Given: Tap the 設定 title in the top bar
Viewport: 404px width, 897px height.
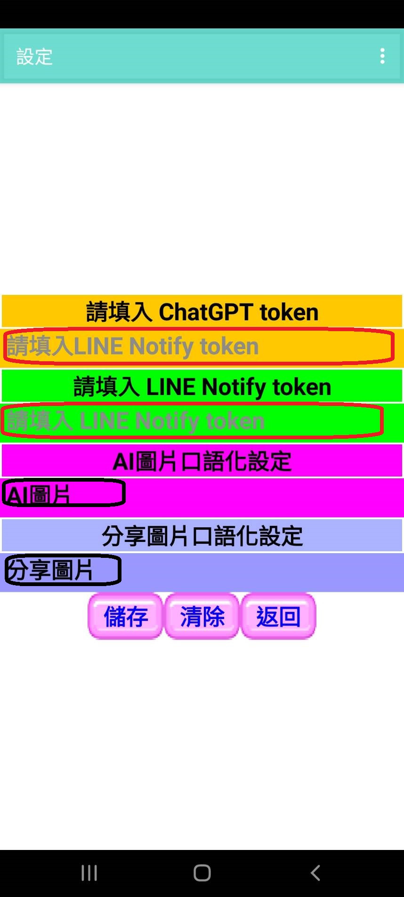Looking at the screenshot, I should point(34,56).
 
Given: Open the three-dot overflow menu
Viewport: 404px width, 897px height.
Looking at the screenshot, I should point(382,56).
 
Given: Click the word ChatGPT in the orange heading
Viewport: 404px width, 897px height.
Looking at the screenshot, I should point(206,312).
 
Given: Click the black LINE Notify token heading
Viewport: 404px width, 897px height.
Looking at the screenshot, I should point(202,387).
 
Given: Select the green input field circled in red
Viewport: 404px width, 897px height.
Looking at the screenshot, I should point(192,421).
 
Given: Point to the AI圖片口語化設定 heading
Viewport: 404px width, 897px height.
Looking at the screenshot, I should point(202,461).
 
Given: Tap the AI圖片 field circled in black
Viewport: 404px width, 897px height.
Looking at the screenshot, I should point(64,493).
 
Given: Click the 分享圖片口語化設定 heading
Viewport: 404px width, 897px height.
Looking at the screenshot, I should point(202,536).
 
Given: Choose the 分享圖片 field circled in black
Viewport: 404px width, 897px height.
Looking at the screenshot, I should point(63,570).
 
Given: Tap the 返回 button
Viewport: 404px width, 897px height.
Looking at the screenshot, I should point(278,616).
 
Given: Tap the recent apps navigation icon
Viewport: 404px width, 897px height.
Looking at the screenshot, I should point(89,873).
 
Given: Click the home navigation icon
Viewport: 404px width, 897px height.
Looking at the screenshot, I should point(202,873).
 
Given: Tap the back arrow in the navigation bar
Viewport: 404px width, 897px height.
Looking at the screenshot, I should point(315,873).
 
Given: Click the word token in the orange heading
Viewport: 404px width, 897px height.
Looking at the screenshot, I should point(289,312).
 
